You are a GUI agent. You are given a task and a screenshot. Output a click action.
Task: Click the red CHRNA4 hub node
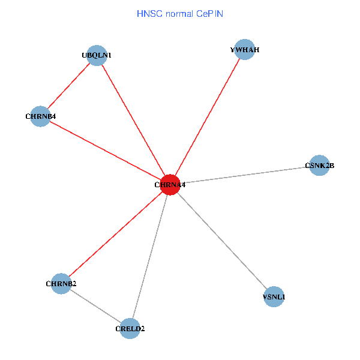tap(170, 185)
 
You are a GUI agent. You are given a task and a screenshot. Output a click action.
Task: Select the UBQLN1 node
tap(97, 56)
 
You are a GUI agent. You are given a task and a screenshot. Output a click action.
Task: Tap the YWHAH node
tap(245, 50)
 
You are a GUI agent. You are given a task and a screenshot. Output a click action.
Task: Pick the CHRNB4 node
tap(40, 116)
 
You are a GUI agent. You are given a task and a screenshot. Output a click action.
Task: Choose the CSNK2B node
tap(320, 165)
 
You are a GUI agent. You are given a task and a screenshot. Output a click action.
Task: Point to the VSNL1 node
tap(274, 296)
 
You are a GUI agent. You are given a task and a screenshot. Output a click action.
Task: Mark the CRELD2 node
tap(130, 328)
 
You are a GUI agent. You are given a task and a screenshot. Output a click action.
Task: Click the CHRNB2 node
tap(61, 283)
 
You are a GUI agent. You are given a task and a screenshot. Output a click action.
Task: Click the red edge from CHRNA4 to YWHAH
tap(208, 117)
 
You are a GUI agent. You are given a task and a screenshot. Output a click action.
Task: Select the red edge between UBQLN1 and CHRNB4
tap(68, 86)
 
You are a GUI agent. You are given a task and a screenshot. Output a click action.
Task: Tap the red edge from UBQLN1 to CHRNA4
tap(133, 120)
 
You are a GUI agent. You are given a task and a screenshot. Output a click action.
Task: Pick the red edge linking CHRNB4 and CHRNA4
tap(105, 150)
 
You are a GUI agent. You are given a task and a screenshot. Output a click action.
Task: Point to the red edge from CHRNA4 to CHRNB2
tap(116, 234)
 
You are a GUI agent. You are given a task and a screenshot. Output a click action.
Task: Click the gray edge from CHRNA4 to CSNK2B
tap(245, 175)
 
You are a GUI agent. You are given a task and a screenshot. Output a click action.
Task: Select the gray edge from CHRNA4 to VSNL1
tap(222, 241)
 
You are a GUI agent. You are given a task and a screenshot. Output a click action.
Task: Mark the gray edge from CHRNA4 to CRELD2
tap(150, 257)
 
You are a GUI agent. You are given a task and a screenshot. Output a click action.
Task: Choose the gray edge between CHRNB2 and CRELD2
tap(96, 306)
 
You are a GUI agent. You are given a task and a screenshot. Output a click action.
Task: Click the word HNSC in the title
tap(148, 13)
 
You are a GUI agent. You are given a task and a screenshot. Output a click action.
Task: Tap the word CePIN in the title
tap(209, 13)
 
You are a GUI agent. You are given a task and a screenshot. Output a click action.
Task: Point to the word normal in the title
tap(178, 13)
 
